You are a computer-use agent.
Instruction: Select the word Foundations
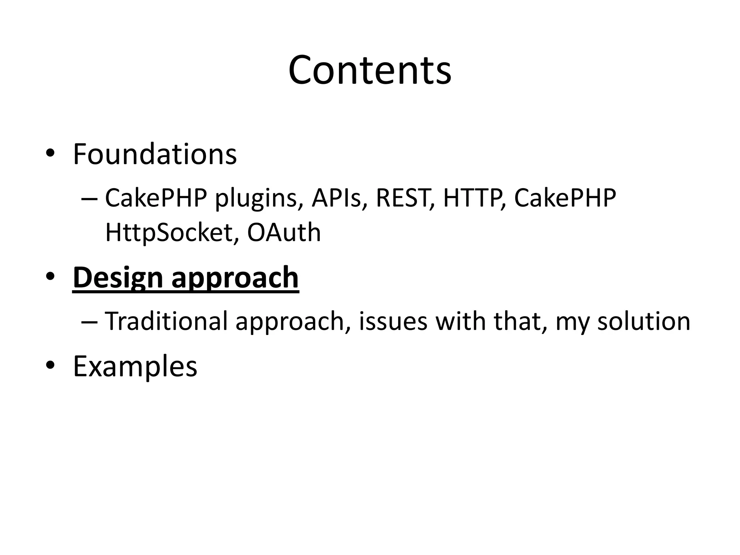[155, 154]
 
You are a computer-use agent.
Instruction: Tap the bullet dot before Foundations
[50, 153]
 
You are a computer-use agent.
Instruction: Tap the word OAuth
[284, 232]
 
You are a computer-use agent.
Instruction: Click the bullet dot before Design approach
[50, 276]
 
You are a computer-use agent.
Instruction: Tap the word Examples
[135, 366]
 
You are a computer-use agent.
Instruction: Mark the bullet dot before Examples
[50, 365]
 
